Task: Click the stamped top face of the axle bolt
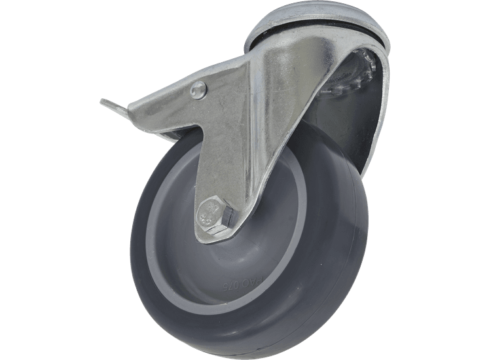(211, 213)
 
